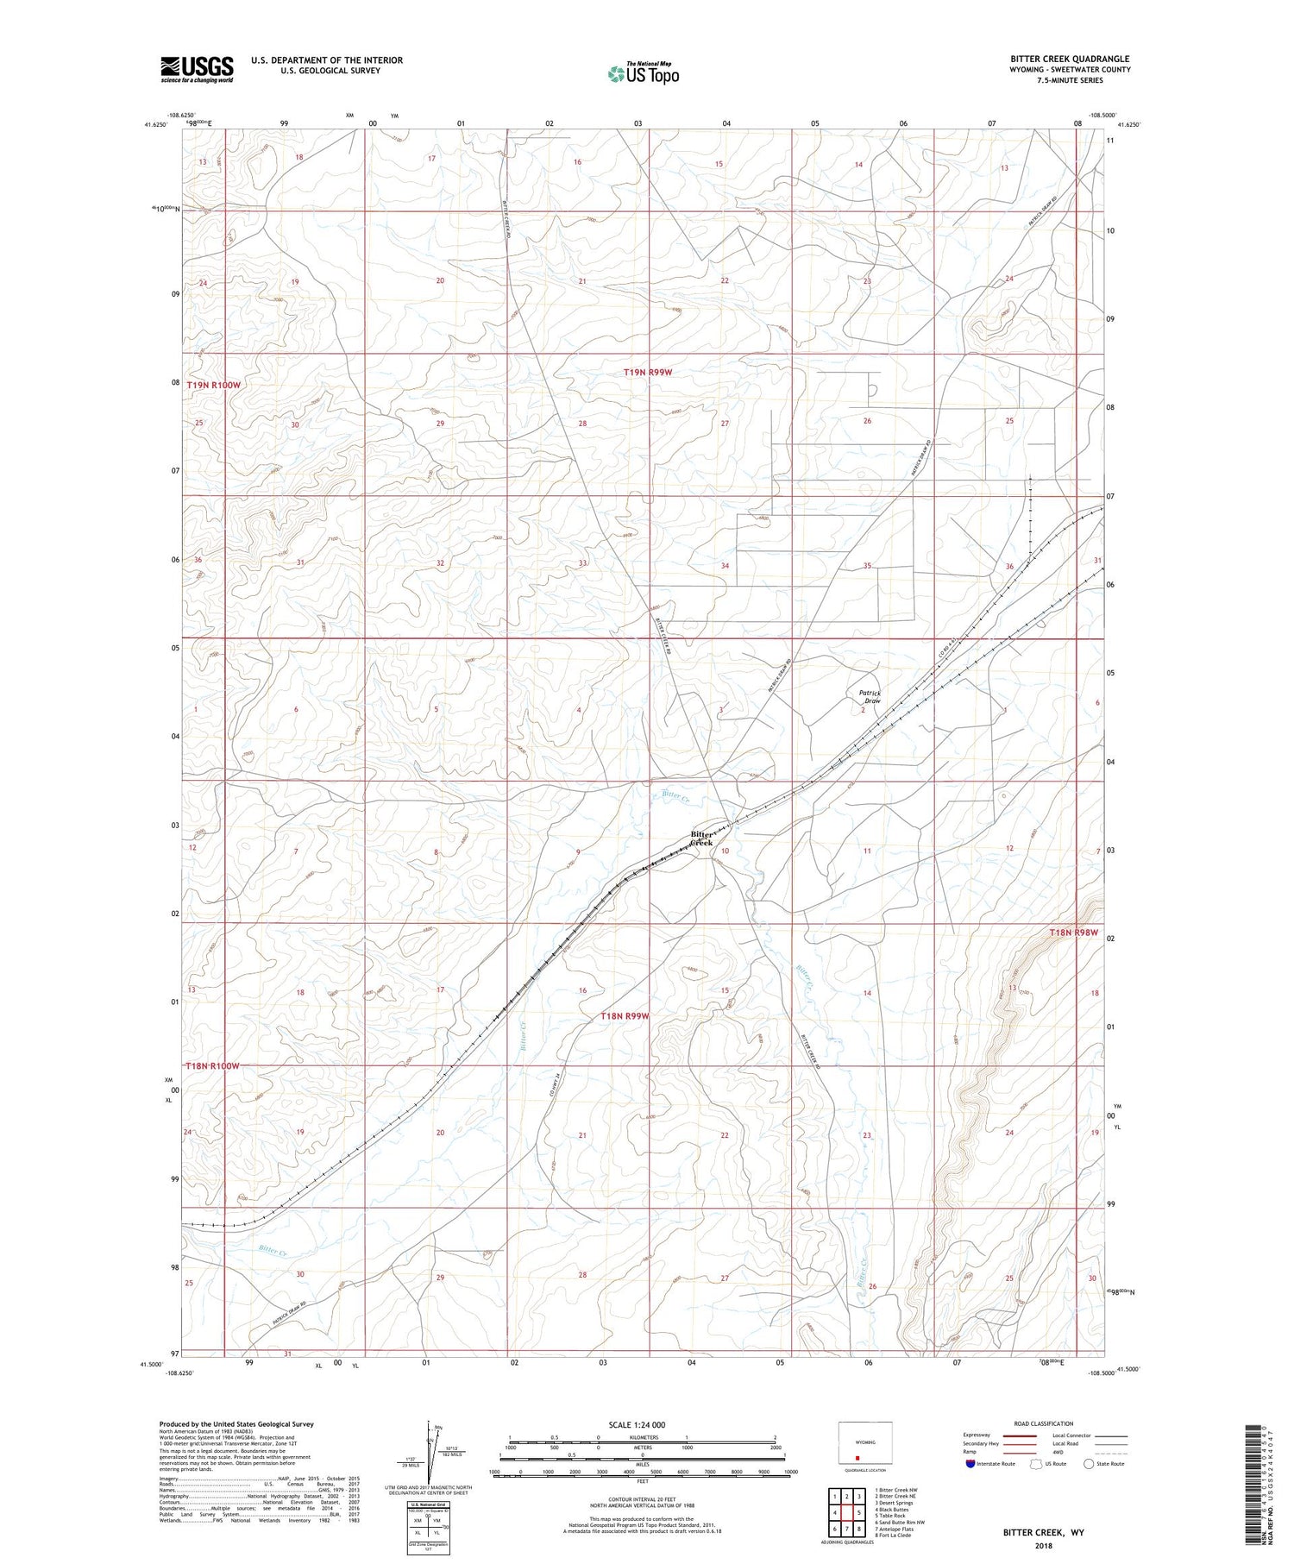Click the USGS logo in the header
coord(197,69)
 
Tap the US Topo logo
coord(643,74)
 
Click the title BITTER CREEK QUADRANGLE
coord(1070,60)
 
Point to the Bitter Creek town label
coord(702,838)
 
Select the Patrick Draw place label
coord(870,696)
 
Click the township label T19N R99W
coord(648,372)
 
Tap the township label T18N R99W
coord(625,1016)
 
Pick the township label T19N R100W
coord(213,385)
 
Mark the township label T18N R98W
coord(1073,933)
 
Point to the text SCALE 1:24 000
coord(637,1424)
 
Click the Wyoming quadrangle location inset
coord(865,1447)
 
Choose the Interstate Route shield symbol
coord(970,1464)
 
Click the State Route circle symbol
coord(1090,1464)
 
